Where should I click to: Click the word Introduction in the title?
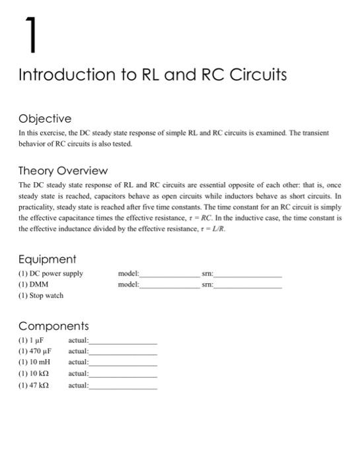click(x=63, y=75)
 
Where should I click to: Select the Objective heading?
click(x=45, y=119)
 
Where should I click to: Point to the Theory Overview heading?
click(x=63, y=171)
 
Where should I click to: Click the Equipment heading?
click(x=47, y=259)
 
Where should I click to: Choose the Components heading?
click(x=53, y=326)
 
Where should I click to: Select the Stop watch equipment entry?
click(x=41, y=296)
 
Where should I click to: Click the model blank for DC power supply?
click(x=167, y=276)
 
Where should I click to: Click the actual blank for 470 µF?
click(x=123, y=353)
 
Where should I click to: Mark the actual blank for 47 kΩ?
click(x=123, y=387)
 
